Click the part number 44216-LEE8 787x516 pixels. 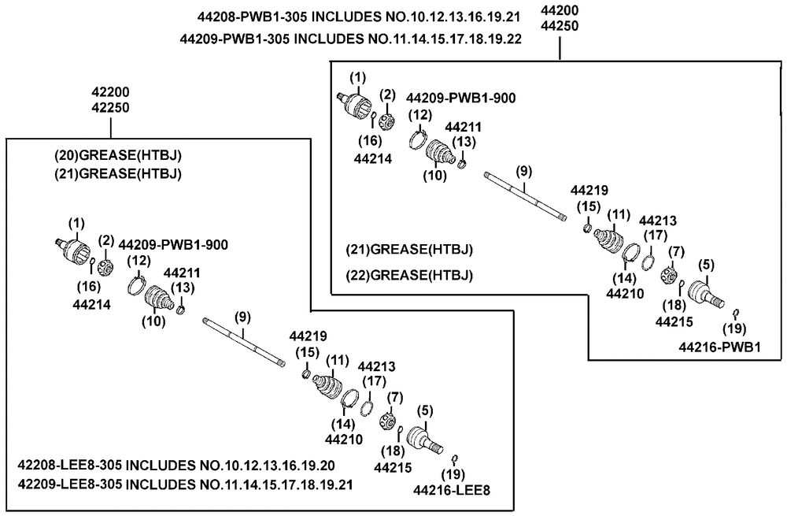(451, 490)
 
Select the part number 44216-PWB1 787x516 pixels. (720, 347)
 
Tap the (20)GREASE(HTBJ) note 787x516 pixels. (118, 155)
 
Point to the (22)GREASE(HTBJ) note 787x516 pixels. (409, 276)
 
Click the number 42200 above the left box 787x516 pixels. (110, 92)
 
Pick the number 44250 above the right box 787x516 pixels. (560, 26)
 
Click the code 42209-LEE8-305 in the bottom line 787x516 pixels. (69, 484)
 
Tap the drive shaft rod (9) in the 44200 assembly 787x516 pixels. (525, 196)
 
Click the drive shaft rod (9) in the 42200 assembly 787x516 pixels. (244, 342)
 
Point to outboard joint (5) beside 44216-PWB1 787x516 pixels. (705, 293)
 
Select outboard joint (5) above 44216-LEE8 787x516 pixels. (425, 439)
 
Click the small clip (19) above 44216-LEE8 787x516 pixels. (455, 458)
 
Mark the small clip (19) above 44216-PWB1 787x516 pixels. (736, 313)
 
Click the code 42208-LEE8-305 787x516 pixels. (69, 466)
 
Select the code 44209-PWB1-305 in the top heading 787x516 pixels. (235, 39)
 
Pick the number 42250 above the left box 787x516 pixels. (110, 108)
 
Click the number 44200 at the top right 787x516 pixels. (560, 10)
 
